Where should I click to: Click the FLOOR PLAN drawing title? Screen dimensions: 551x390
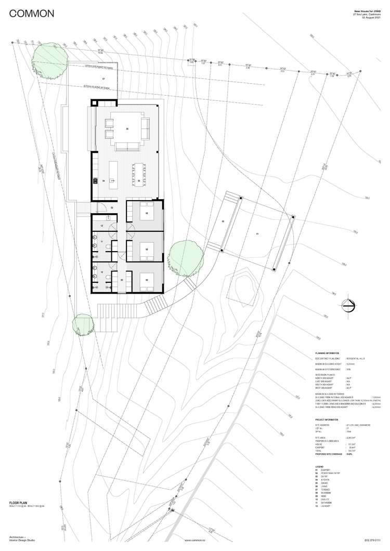(19, 503)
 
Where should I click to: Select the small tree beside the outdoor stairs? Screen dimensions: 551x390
(83, 324)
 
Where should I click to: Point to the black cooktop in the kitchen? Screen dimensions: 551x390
(95, 181)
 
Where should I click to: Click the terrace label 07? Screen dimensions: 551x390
(103, 78)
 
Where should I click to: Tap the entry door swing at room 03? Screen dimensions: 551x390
(102, 209)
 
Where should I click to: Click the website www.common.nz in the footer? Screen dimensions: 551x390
(195, 540)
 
